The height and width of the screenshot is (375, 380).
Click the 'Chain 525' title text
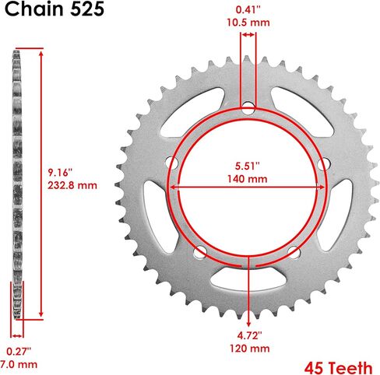coord(55,9)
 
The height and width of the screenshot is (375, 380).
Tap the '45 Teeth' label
coord(338,368)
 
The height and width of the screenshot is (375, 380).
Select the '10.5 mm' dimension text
coord(248,23)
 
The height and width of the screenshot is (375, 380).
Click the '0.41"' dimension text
coord(248,10)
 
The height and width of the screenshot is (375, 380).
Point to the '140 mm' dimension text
coord(248,179)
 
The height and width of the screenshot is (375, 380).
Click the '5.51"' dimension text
coord(248,166)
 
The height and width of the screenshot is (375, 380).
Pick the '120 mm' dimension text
coord(249,349)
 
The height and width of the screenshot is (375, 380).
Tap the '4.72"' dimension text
coord(249,335)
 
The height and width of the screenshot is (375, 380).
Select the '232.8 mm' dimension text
coord(72,185)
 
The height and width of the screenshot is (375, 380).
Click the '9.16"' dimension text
coord(60,173)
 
